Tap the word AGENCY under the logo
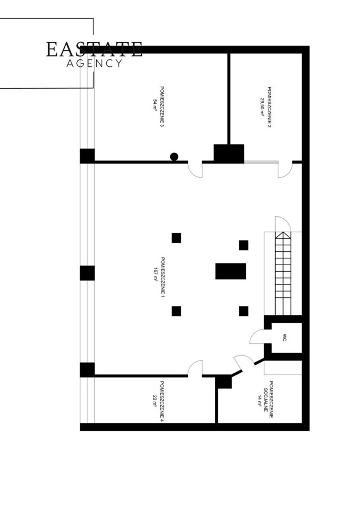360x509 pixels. coord(94,63)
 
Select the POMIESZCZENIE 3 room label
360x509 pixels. coord(162,107)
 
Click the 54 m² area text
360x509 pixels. coord(155,105)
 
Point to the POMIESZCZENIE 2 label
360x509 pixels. coord(270,107)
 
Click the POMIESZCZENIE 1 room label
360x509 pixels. coord(163,278)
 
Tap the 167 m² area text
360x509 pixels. coord(156,275)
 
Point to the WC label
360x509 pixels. coord(285,338)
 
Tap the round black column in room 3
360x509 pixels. coord(174,156)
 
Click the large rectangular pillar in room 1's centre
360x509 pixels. coord(230,271)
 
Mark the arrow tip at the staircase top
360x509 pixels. coord(283,232)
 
